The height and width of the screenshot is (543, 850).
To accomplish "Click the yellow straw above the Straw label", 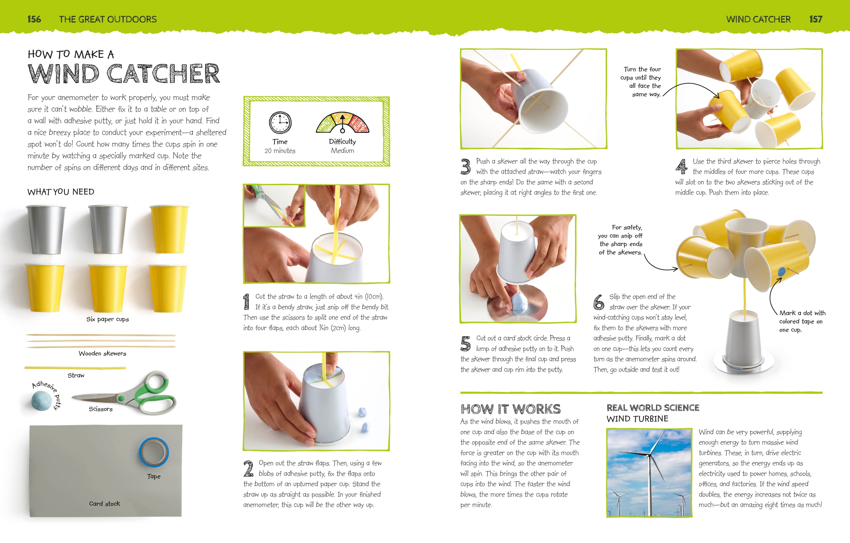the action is (75, 368).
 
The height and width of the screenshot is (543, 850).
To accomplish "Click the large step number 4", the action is (682, 167).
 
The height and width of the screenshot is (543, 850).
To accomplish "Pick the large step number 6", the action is (599, 302).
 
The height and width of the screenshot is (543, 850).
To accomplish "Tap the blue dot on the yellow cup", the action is (782, 272).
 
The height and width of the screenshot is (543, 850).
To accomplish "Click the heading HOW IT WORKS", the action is (510, 409).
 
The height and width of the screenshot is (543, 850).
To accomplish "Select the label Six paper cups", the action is (108, 319).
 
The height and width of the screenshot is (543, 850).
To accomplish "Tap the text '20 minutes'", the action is (280, 151).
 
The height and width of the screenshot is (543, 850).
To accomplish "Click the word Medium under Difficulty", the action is (342, 151).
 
